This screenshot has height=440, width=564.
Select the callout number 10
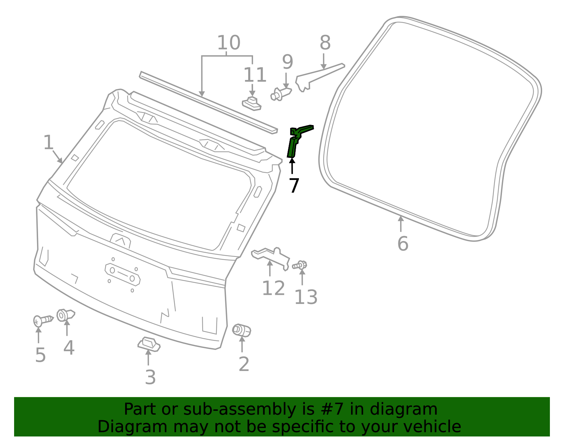[228, 43]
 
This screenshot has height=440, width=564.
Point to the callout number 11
[255, 75]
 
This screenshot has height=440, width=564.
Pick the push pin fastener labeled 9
[280, 94]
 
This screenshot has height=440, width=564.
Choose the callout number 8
[325, 43]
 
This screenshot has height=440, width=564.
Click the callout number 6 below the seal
[403, 243]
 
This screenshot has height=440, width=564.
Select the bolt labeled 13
[300, 265]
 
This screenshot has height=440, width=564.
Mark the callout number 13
[306, 297]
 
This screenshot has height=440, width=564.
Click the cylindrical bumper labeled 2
[241, 330]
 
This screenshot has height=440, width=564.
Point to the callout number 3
[150, 377]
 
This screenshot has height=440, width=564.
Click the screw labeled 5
[42, 321]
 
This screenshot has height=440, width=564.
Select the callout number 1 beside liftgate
[48, 143]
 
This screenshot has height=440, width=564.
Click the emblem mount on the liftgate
[121, 241]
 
